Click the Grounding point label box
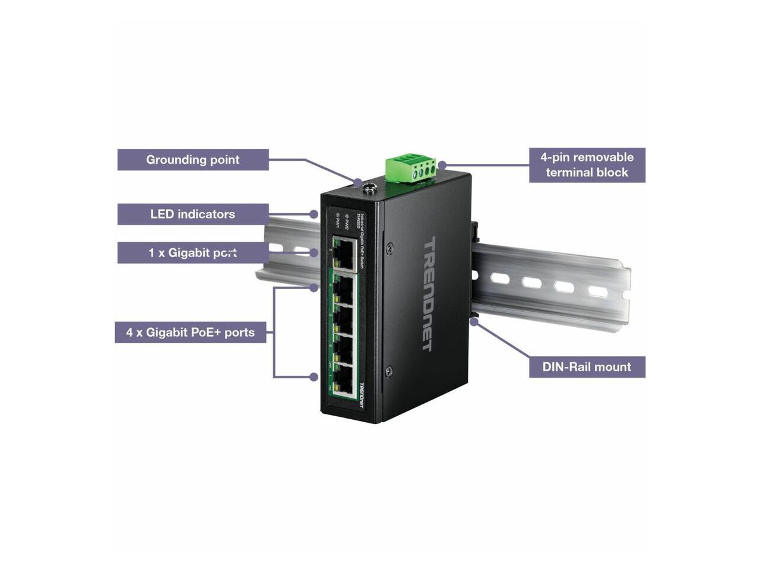point(193,160)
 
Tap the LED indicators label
point(193,214)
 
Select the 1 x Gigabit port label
point(193,253)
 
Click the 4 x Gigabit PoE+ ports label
point(191,332)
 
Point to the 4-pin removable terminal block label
point(587,165)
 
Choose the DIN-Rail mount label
point(587,367)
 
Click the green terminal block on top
point(410,167)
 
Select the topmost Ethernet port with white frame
point(344,254)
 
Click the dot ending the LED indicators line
point(314,214)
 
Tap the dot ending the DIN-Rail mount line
point(473,321)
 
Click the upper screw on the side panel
point(389,246)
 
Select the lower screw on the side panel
point(388,372)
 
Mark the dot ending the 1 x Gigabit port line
point(314,253)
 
